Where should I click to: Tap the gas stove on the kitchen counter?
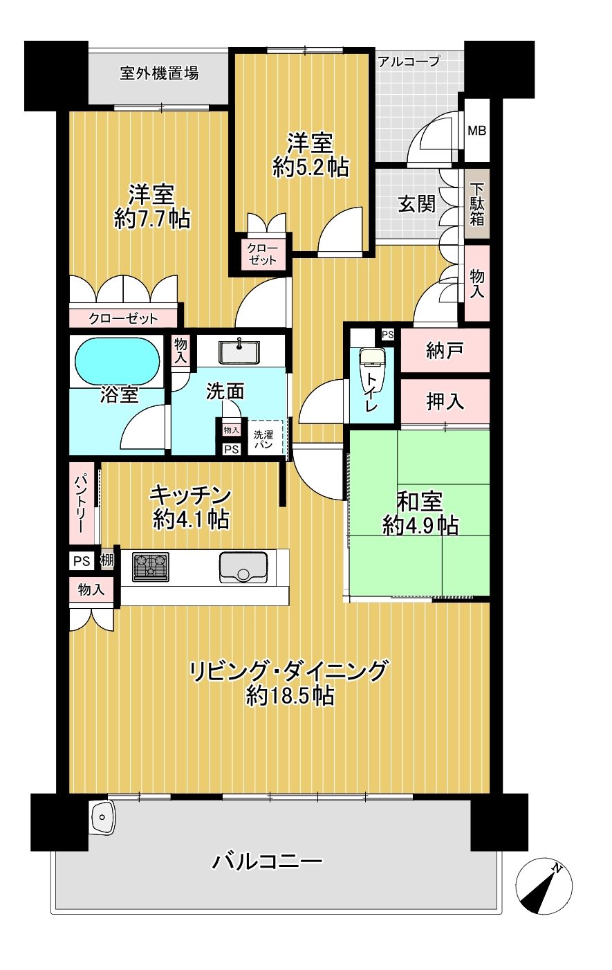(150, 567)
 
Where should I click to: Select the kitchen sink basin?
(243, 567)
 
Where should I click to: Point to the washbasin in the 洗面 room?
(239, 351)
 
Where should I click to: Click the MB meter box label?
(477, 130)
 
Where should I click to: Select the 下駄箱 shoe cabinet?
(477, 205)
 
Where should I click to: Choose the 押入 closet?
(445, 401)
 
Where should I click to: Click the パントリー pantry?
(82, 504)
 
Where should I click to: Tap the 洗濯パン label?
(263, 439)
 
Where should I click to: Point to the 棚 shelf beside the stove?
(107, 560)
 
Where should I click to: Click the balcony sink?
(102, 817)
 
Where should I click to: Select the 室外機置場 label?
(159, 73)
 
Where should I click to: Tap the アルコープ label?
(409, 62)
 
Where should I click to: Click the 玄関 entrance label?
(416, 203)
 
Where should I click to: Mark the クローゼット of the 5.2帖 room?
(262, 254)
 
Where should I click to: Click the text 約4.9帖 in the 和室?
(420, 526)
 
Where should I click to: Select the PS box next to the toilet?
(388, 334)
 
